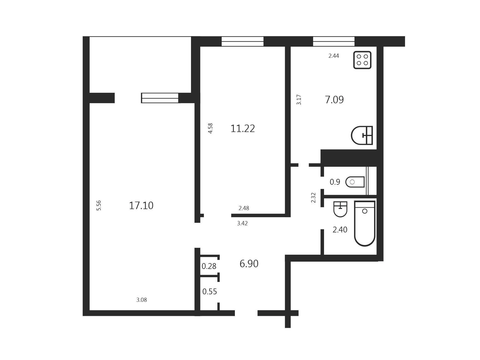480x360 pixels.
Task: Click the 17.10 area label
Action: (x=141, y=206)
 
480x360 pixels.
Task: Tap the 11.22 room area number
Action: (x=243, y=129)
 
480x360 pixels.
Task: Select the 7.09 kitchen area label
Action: (x=334, y=99)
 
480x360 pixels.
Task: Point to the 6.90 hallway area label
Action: (x=249, y=264)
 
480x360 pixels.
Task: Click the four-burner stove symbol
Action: (x=362, y=60)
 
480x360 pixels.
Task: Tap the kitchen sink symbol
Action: (x=362, y=135)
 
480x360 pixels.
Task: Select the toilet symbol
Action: (x=355, y=182)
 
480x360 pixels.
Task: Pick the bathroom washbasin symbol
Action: (x=340, y=209)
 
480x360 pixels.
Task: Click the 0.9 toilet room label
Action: (x=335, y=182)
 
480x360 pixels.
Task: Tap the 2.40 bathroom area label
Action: (x=340, y=230)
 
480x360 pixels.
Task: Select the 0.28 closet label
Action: (x=209, y=266)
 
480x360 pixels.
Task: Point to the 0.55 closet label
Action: (x=210, y=292)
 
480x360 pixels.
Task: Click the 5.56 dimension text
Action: (x=99, y=205)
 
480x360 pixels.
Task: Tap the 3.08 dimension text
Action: (x=142, y=300)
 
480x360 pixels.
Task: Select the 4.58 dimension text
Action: (x=210, y=128)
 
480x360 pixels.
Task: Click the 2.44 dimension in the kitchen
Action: (x=334, y=56)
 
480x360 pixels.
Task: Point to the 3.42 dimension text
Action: (x=242, y=223)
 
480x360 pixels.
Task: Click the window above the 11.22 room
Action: (x=242, y=41)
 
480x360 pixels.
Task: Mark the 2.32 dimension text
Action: (x=313, y=198)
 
